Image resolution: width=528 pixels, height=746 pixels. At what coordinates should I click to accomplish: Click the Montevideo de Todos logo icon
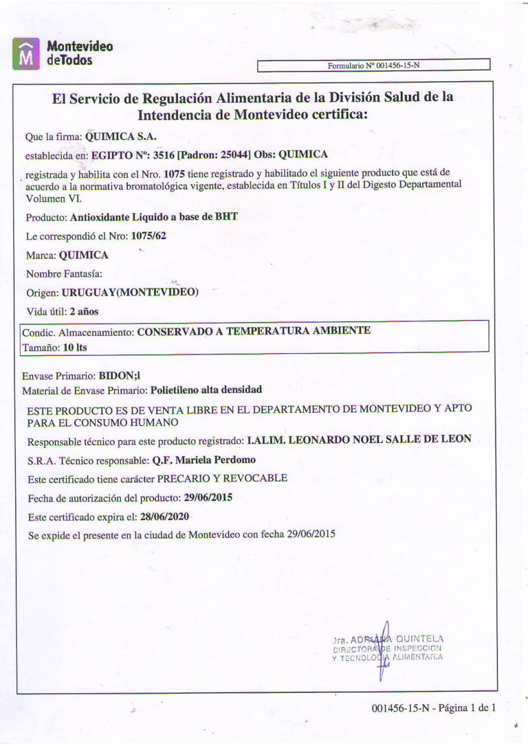point(27,54)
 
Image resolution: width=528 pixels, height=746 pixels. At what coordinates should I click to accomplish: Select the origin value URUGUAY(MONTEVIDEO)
point(130,293)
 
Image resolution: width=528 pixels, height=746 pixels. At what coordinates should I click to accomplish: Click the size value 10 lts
point(75,348)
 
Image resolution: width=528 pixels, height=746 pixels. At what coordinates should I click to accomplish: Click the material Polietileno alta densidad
point(206,389)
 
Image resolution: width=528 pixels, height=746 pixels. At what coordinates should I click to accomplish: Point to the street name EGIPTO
point(112,155)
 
